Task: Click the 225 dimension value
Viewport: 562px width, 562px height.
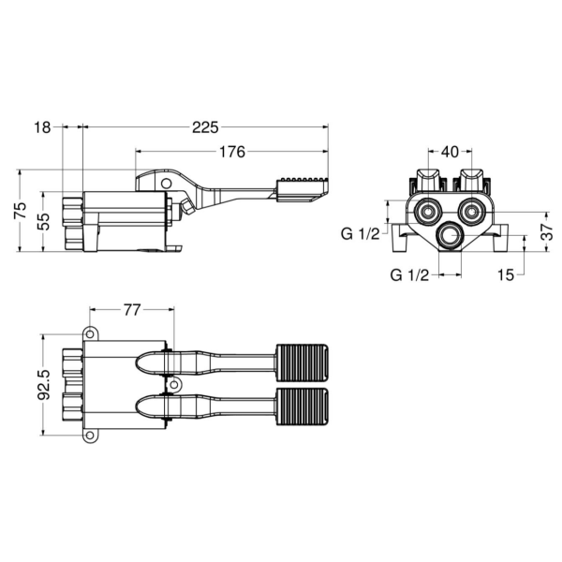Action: tap(205, 127)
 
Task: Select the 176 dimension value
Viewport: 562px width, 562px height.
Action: tap(232, 152)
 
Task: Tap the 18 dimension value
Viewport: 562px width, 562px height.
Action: tap(42, 127)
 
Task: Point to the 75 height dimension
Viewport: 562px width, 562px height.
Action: tap(21, 211)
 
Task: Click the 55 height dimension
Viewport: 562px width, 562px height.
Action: tap(43, 222)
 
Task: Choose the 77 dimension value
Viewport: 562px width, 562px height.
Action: tap(132, 310)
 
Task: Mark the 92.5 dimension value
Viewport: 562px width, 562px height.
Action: tap(43, 385)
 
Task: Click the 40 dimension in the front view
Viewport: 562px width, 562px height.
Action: tap(450, 152)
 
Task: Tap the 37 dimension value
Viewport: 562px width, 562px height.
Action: tap(547, 232)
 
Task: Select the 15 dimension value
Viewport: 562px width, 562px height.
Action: tap(506, 275)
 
